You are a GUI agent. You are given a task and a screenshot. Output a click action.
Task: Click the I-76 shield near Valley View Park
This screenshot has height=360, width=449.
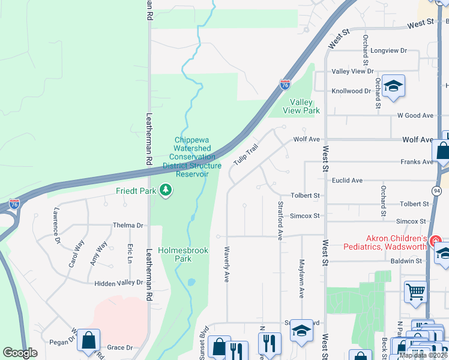(285, 85)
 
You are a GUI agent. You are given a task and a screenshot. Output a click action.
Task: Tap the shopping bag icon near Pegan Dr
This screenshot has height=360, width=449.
(88, 340)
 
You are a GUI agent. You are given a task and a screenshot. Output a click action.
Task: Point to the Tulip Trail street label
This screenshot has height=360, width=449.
(249, 155)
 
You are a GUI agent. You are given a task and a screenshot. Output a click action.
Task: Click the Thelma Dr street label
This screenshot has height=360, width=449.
(128, 226)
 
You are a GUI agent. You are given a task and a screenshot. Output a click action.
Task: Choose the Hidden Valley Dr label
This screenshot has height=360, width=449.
(119, 282)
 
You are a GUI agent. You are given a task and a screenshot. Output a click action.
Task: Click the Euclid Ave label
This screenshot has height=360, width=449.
(348, 180)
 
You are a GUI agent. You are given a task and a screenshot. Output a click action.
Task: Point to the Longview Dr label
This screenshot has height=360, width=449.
(388, 51)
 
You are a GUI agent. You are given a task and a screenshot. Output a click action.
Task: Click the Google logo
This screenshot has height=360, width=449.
(20, 353)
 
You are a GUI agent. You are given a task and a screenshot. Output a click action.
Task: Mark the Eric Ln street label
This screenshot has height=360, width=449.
(129, 253)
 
